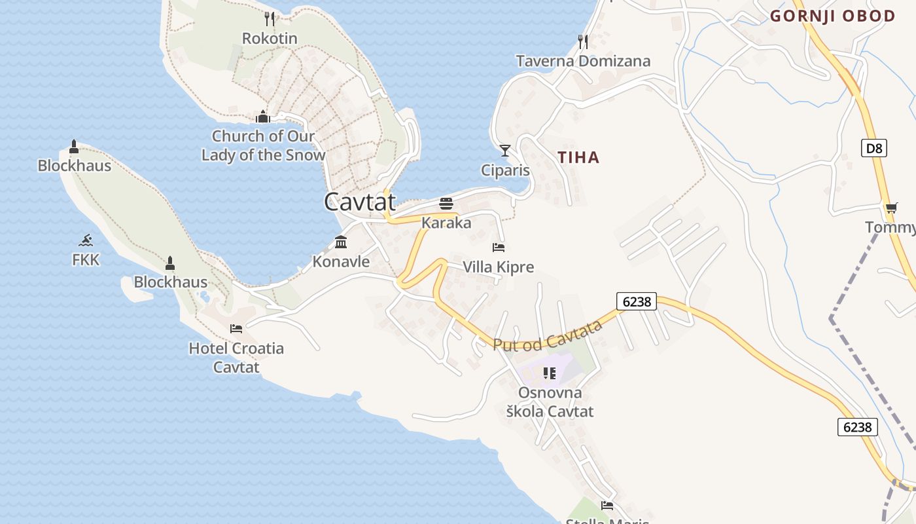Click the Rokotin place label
270,38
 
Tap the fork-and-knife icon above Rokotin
270,18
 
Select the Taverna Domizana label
583,61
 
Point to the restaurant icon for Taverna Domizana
583,42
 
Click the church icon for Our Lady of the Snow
263,117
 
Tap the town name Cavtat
360,202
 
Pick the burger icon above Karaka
446,203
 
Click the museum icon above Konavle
341,242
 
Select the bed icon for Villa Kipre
499,248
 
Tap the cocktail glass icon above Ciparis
504,151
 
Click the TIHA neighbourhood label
578,157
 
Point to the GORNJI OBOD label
832,16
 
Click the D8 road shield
874,148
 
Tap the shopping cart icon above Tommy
891,208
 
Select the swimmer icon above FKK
86,240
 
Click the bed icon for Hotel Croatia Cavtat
236,328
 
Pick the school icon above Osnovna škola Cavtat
550,373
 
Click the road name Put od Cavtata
547,335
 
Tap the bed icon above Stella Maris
607,506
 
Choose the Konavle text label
341,262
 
